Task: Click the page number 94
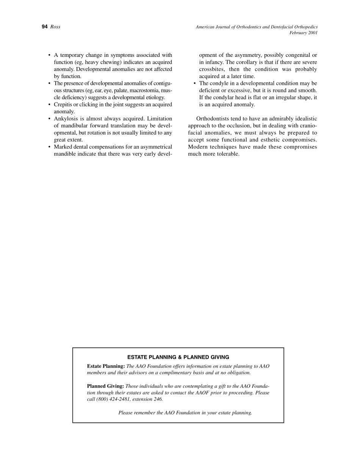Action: (44, 27)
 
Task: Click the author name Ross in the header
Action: (55, 27)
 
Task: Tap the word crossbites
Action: (211, 69)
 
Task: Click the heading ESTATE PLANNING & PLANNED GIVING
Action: (178, 357)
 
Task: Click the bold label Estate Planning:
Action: (106, 366)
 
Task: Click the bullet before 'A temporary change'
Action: (50, 55)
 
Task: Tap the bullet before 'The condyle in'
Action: (195, 83)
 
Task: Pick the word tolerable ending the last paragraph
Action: (225, 154)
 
